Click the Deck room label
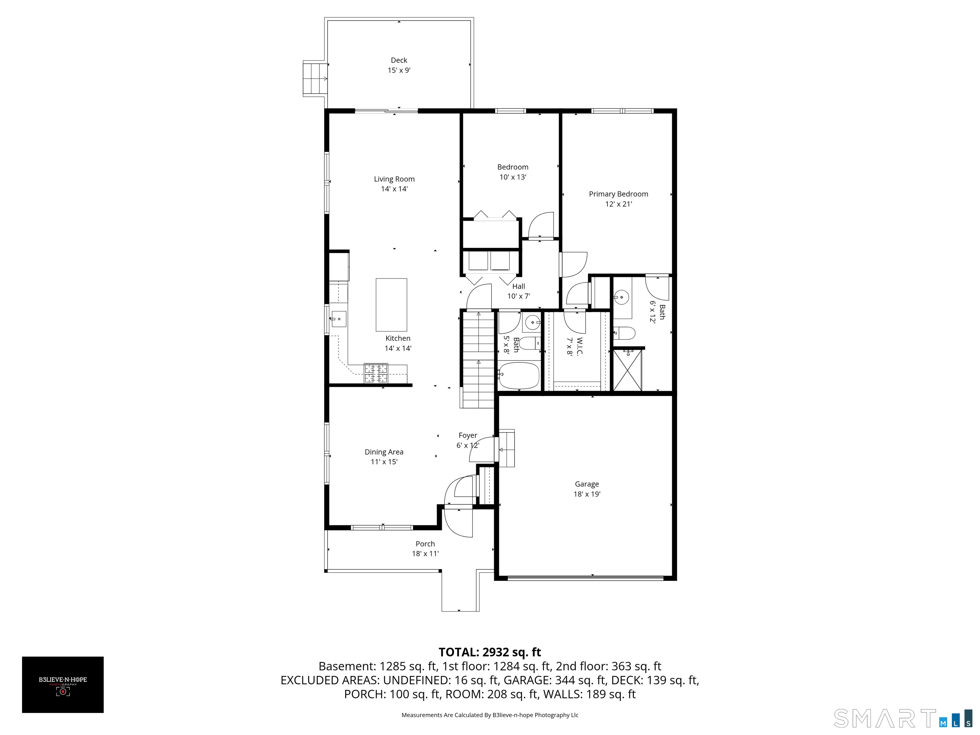coord(399,60)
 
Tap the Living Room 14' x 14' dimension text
coord(394,189)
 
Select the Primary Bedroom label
coord(619,194)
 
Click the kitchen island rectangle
coord(391,305)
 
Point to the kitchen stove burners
coord(376,373)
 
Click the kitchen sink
coord(338,319)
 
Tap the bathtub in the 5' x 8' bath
coord(518,376)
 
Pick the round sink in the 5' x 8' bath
coord(532,323)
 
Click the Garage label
coord(587,484)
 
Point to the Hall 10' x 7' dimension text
coord(519,296)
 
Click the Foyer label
coord(468,435)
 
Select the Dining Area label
coord(384,452)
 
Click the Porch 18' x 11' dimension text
coord(425,553)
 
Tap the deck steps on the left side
coord(315,79)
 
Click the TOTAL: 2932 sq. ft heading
coord(490,652)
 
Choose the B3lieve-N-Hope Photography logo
coord(63,685)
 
